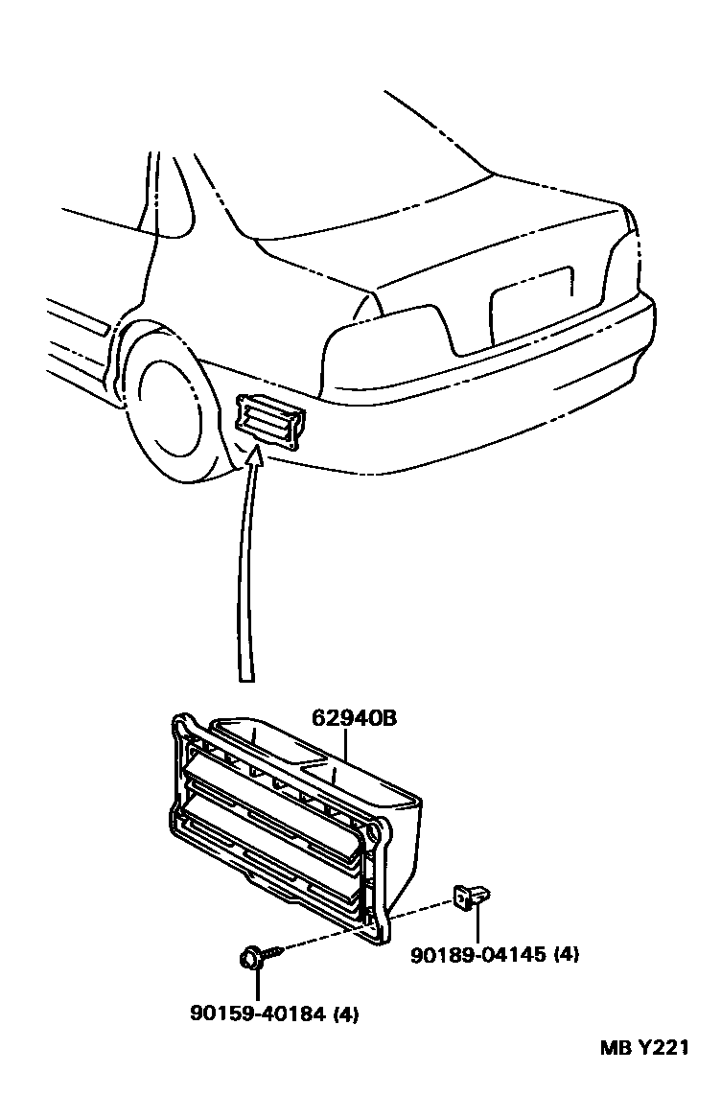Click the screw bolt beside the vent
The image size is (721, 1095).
[x=253, y=956]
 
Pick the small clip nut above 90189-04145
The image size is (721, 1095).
[x=473, y=897]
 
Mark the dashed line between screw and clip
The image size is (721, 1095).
[x=364, y=926]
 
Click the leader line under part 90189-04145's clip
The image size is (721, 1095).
[x=477, y=925]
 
